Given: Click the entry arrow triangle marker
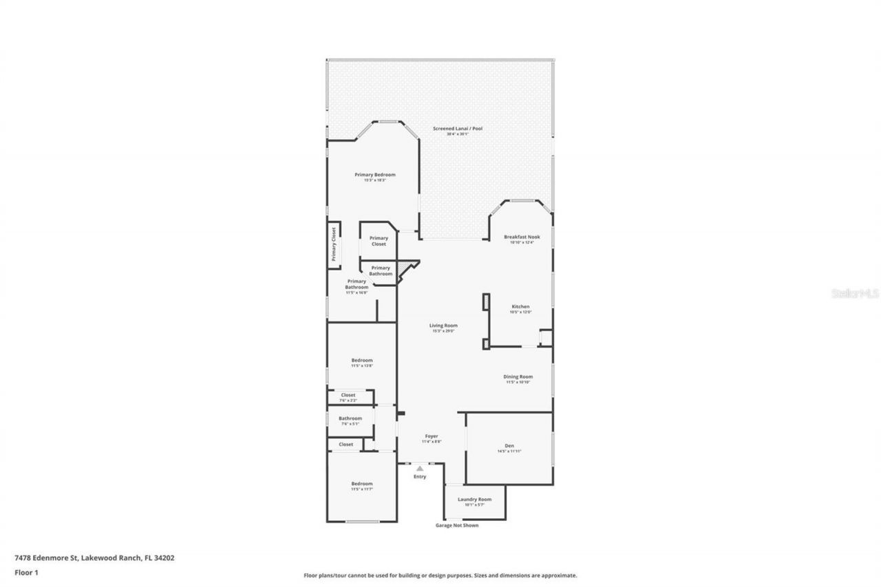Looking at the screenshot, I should [x=420, y=469].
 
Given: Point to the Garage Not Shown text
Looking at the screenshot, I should [x=456, y=525].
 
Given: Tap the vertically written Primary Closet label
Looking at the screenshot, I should [x=334, y=244].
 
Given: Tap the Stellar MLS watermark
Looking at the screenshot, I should [x=855, y=293].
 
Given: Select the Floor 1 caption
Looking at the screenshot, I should [x=26, y=572].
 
